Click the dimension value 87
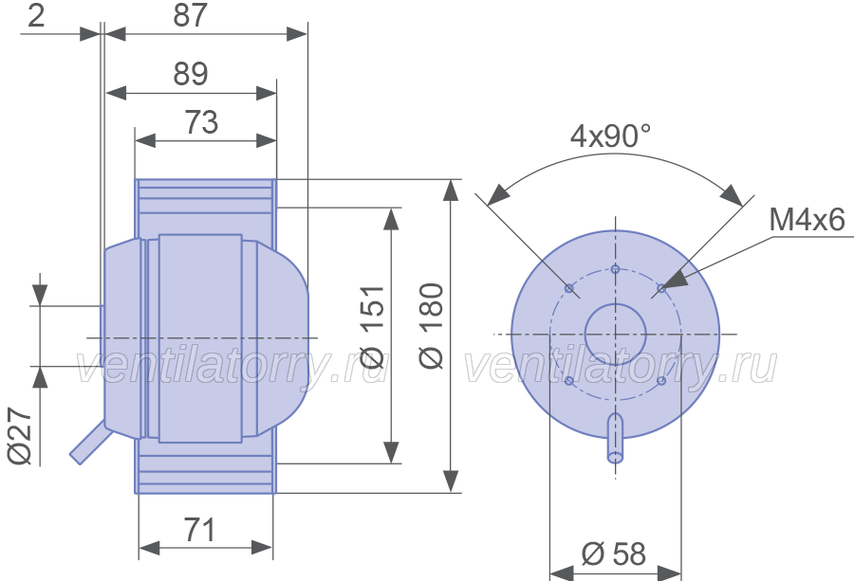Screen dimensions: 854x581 click(190, 15)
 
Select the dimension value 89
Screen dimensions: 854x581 click(191, 73)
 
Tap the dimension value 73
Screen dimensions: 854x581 click(201, 122)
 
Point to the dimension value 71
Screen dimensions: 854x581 click(199, 530)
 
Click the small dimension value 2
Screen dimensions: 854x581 click(36, 15)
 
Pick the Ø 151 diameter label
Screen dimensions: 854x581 click(374, 327)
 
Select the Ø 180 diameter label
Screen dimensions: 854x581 click(432, 326)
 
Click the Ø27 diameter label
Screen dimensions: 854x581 click(20, 436)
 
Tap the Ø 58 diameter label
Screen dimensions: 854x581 click(614, 554)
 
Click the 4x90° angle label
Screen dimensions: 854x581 click(610, 136)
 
